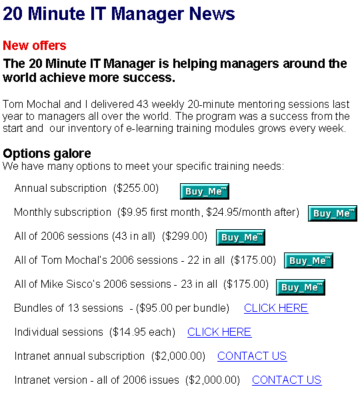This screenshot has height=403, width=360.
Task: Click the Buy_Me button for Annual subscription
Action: [x=205, y=191]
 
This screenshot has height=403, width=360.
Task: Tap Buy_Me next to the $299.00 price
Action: [x=241, y=237]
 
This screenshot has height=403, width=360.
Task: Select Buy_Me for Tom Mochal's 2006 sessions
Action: [x=309, y=260]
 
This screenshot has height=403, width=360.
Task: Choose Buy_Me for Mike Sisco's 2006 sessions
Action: [x=301, y=287]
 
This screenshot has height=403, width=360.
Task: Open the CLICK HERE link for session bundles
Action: [x=276, y=308]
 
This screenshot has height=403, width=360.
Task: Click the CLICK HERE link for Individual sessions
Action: [x=219, y=332]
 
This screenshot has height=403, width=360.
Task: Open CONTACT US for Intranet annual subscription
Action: [x=252, y=356]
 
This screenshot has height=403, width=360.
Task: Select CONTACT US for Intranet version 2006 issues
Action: [x=287, y=380]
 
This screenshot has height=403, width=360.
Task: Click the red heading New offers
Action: [x=35, y=45]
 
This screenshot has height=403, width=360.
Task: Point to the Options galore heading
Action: [x=47, y=153]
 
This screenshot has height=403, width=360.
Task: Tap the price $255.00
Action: [x=136, y=188]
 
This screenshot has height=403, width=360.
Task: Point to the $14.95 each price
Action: [x=142, y=332]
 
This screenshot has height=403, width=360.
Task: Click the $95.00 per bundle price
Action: [x=183, y=308]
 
